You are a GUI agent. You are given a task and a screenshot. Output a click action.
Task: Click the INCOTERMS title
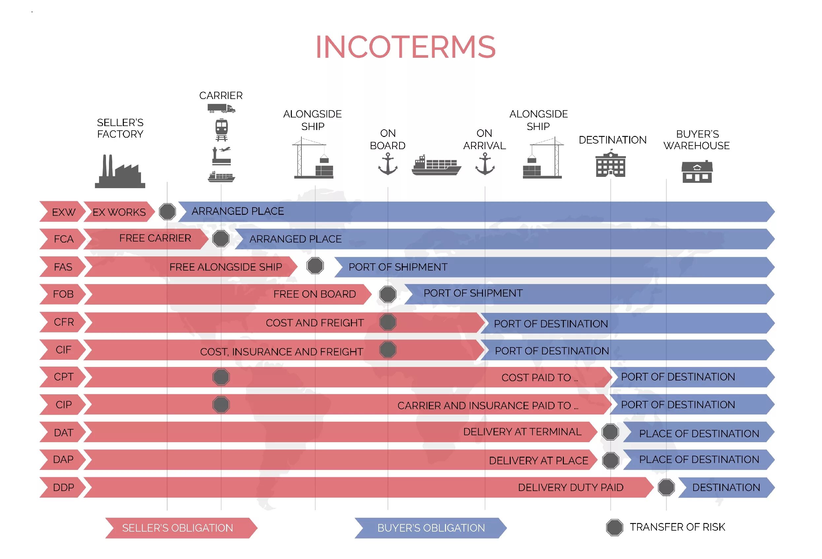(406, 47)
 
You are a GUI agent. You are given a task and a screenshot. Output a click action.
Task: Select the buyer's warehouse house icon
(697, 172)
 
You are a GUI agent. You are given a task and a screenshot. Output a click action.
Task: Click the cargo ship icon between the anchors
(436, 165)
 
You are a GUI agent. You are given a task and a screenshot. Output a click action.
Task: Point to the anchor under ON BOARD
(388, 164)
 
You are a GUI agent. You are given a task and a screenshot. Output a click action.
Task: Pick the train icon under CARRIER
(222, 129)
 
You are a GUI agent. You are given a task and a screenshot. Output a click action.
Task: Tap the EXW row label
(63, 212)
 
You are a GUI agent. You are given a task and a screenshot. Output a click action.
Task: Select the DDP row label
(63, 488)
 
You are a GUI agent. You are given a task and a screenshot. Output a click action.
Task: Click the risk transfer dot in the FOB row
(388, 294)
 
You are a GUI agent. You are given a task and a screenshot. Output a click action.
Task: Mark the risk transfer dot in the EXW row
(167, 212)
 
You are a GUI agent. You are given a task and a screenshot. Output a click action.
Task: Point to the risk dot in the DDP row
(667, 488)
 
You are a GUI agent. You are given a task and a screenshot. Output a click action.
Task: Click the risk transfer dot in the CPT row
(221, 377)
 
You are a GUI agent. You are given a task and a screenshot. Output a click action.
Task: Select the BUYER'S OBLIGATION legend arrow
(430, 528)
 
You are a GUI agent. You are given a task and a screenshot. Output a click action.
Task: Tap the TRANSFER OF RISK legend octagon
(614, 528)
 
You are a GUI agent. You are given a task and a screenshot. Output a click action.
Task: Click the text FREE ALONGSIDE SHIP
(226, 267)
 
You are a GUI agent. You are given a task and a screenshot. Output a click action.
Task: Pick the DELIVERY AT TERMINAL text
(522, 432)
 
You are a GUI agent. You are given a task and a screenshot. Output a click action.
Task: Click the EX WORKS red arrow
(119, 212)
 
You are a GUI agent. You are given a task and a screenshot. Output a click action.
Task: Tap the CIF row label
(63, 350)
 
